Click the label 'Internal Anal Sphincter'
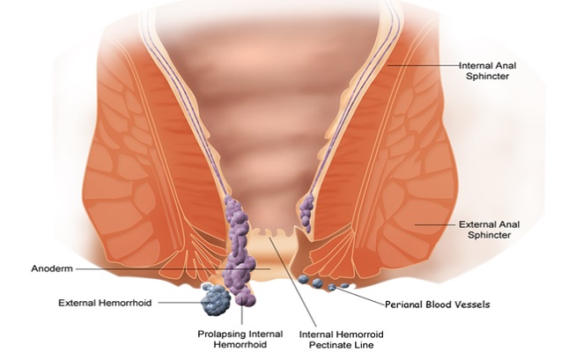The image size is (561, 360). coord(487,70)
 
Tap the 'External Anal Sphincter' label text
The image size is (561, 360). coord(489,230)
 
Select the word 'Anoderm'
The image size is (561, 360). coord(52,268)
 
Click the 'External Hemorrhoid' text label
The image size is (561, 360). coord(105,303)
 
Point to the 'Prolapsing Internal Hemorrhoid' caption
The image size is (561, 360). coord(240,339)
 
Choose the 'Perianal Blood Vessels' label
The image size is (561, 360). coord(437,305)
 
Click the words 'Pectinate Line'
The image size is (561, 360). coord(342,345)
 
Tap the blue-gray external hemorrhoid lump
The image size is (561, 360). coord(216,301)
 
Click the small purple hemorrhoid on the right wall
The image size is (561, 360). coord(306,213)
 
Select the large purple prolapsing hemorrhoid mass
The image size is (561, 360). coord(239,250)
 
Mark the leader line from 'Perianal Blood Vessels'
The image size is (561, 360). coord(358,296)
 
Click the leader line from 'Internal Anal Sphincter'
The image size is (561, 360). coord(424,65)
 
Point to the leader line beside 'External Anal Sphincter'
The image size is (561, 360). coord(436,224)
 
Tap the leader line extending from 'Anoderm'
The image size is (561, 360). coord(173,268)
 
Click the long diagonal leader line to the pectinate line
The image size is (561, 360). coord(293,282)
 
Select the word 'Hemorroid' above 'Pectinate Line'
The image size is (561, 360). coord(361,334)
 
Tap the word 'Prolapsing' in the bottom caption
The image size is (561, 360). coord(219,334)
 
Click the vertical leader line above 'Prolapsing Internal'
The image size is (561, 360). coord(242,314)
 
